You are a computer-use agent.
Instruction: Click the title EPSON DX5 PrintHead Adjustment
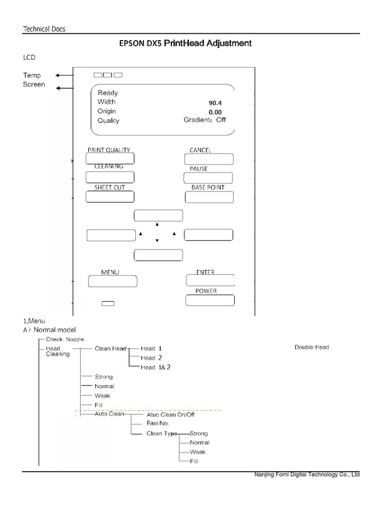[185, 44]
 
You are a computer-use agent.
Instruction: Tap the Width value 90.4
[215, 103]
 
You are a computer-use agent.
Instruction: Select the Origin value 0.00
[215, 113]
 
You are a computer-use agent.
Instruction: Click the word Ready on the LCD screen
[108, 93]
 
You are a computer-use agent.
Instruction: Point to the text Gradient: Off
[204, 120]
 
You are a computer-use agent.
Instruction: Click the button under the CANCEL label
[209, 159]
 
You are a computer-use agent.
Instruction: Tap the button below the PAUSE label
[208, 178]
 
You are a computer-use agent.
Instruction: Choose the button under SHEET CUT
[110, 196]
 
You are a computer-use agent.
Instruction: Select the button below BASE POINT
[209, 197]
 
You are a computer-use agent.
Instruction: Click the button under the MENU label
[113, 281]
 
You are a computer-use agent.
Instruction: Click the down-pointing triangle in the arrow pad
[157, 241]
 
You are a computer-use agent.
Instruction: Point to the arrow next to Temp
[63, 75]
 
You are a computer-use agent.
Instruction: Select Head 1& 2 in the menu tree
[152, 367]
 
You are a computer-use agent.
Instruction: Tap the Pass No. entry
[158, 423]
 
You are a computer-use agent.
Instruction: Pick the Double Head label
[312, 347]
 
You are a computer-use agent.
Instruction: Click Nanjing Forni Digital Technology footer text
[307, 475]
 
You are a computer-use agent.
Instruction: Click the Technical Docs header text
[44, 29]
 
